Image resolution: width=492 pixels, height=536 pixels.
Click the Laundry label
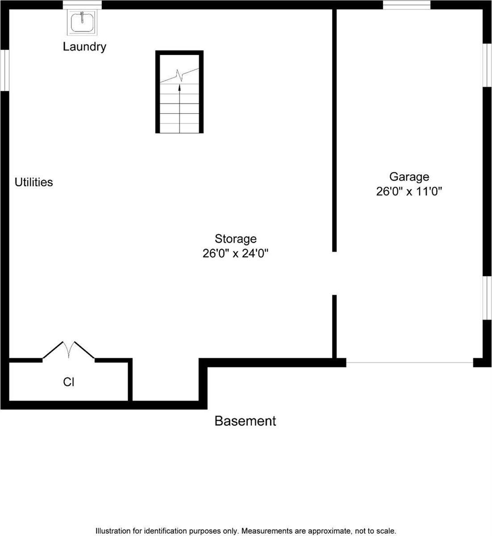point(84,46)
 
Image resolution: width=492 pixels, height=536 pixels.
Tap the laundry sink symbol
point(82,22)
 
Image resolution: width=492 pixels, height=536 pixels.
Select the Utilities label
point(34,182)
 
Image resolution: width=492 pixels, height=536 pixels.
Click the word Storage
point(235,239)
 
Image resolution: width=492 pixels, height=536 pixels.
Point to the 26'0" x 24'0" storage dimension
point(235,254)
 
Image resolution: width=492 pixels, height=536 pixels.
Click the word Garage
point(409,177)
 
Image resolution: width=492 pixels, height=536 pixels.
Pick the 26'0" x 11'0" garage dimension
point(409,192)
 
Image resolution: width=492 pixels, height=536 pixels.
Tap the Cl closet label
point(68,382)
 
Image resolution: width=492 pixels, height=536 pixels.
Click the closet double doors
point(68,350)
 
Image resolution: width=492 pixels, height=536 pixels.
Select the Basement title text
point(245,421)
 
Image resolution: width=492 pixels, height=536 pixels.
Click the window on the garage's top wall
point(407,5)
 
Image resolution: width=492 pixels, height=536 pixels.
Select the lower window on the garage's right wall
point(487,298)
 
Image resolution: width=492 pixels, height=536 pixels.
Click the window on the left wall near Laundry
point(4,70)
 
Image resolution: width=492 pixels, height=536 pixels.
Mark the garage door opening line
point(409,362)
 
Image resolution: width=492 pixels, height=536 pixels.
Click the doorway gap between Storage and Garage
point(334,273)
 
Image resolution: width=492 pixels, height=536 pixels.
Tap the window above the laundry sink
point(82,5)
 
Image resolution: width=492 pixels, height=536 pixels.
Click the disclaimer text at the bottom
point(246,531)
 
